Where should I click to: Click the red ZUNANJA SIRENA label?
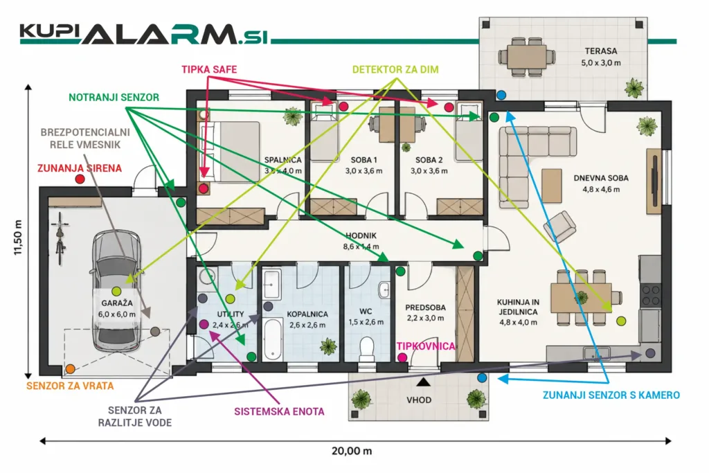80,168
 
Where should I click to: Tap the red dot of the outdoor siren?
80,179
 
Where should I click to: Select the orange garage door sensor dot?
70,369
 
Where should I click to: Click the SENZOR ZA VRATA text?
70,386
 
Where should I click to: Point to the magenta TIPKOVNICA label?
426,346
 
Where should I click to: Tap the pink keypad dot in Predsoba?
402,357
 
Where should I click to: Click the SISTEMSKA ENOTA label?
279,412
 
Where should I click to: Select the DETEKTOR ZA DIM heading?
395,70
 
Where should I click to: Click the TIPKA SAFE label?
209,70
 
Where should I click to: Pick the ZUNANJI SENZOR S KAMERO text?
611,395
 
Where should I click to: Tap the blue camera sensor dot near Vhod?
482,377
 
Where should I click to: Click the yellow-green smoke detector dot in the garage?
116,292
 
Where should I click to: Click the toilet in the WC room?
366,349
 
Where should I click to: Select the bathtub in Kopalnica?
273,339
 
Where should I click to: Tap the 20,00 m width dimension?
352,451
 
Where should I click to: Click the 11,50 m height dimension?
18,238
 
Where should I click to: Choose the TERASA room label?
601,51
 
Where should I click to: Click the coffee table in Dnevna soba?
552,186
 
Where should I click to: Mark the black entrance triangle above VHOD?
423,382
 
